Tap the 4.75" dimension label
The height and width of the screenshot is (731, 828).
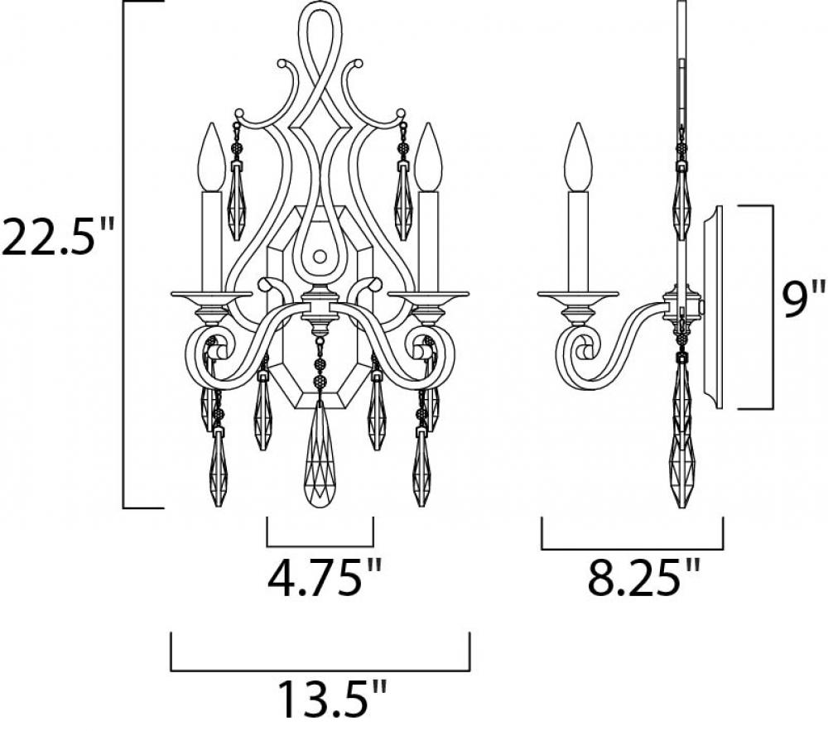tap(324, 578)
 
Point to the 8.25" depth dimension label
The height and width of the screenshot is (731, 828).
tap(643, 578)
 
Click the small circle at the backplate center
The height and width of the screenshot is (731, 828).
tap(320, 257)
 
